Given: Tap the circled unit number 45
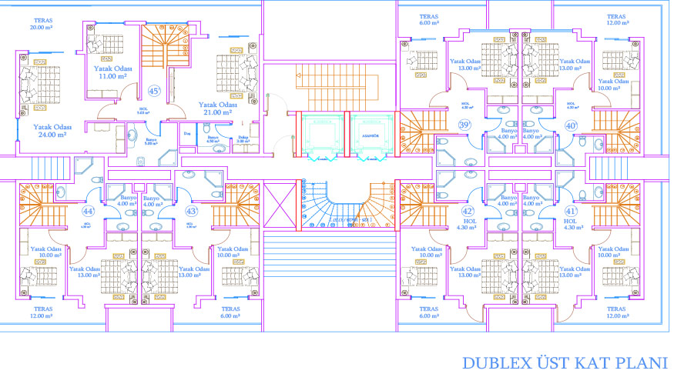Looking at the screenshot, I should [154, 92].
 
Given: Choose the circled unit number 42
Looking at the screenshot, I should [467, 211].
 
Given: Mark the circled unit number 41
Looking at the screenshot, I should [571, 211].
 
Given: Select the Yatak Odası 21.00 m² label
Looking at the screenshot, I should [216, 108].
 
